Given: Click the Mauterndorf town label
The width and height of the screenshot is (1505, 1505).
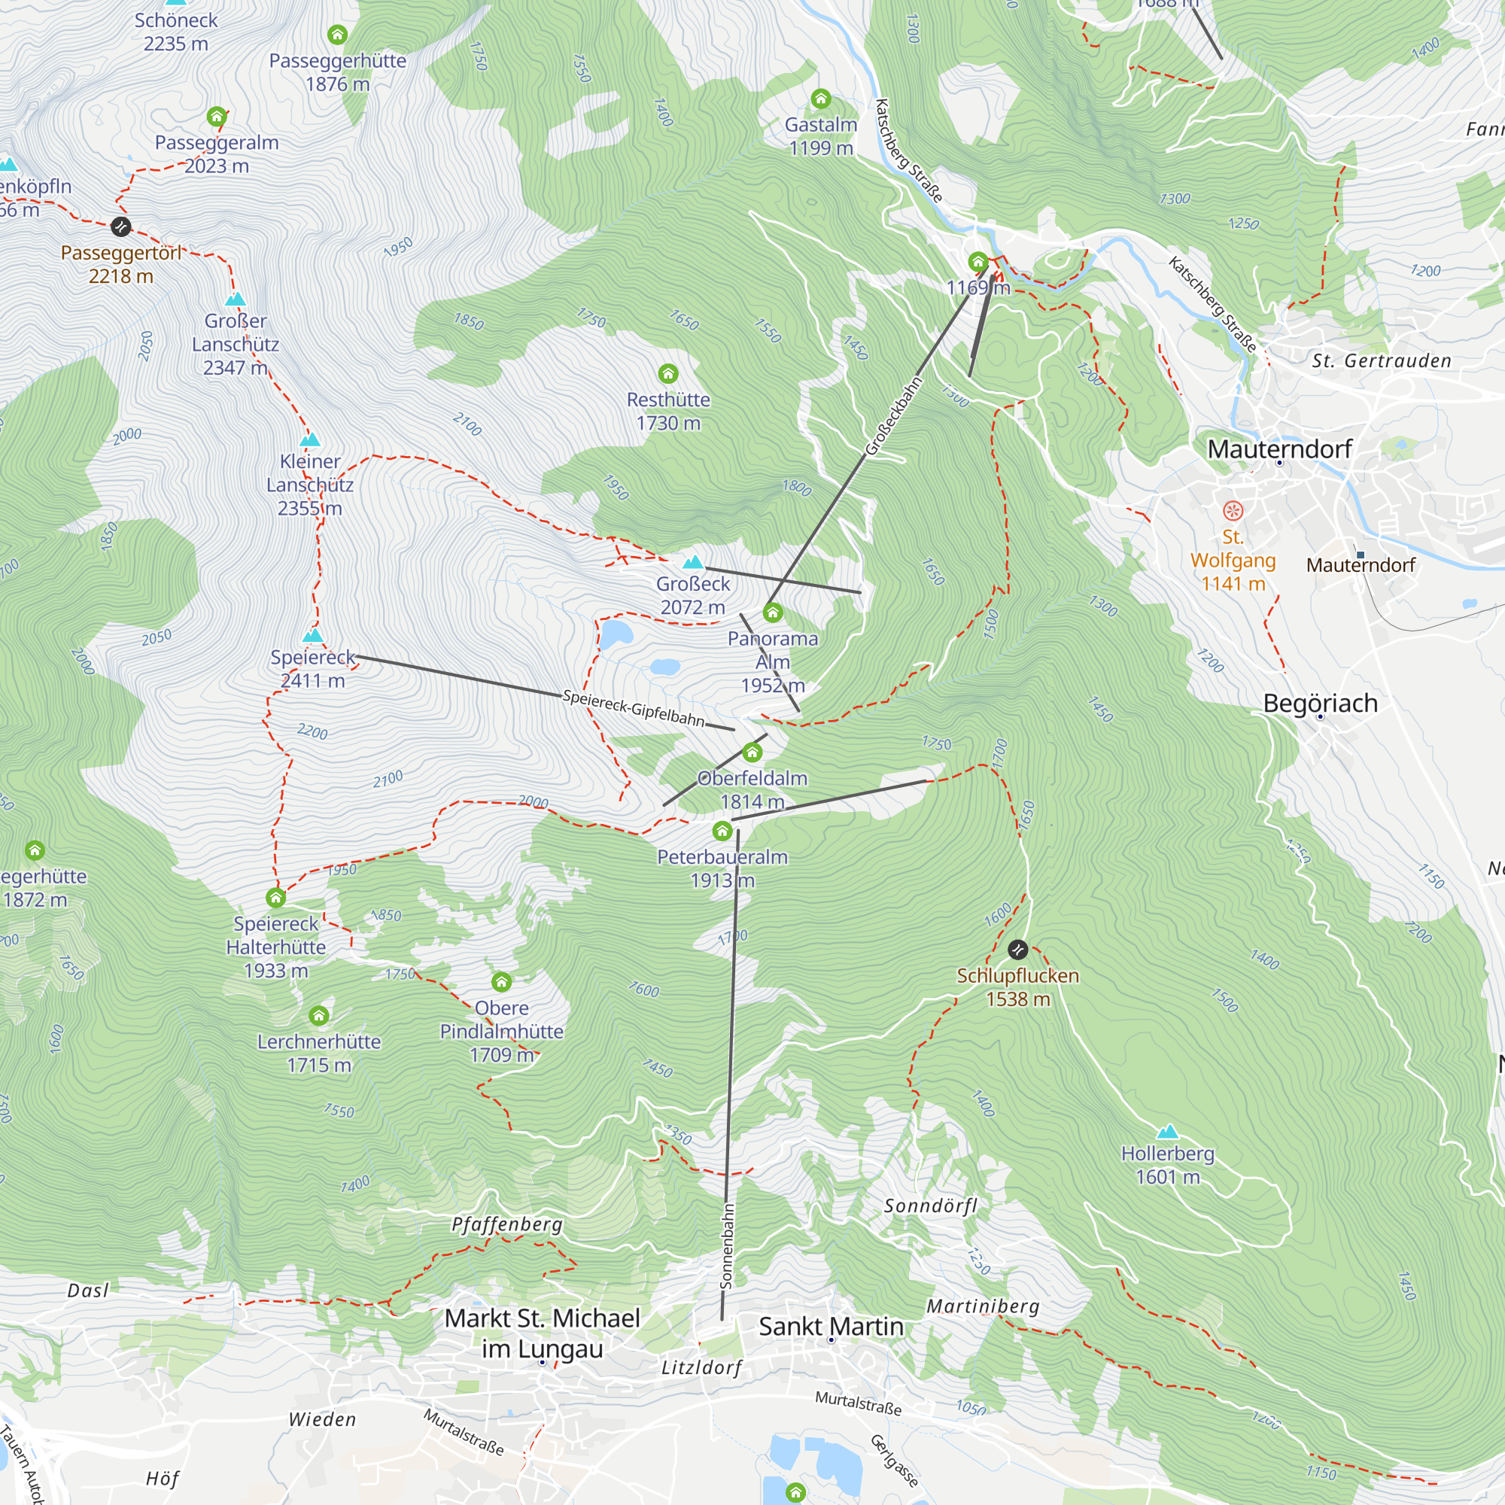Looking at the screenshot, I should [x=1279, y=448].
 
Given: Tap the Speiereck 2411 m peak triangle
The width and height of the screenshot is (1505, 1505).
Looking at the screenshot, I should [x=312, y=636].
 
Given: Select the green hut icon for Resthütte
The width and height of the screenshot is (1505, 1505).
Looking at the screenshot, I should [x=667, y=373].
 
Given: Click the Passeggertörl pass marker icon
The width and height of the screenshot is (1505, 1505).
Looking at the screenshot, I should [x=120, y=227].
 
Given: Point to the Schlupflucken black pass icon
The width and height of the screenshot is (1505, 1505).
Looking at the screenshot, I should [x=1017, y=950].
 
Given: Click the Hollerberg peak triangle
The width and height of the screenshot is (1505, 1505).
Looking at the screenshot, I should [x=1167, y=1132].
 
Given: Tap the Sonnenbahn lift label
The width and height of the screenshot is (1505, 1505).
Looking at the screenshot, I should [x=727, y=1245].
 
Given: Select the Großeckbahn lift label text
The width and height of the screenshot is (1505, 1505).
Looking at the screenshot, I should [x=893, y=416].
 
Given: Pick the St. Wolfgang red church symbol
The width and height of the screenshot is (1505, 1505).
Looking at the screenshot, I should [x=1233, y=511].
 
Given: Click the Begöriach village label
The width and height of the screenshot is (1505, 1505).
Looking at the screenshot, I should [x=1321, y=704].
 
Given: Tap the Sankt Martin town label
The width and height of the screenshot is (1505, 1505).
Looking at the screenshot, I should [x=831, y=1326].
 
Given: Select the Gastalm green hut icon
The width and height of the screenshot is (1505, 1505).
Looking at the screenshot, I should [x=820, y=99].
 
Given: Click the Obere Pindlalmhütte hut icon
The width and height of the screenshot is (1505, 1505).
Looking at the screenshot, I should [x=502, y=981].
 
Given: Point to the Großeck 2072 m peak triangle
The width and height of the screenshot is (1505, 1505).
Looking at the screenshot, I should [x=692, y=562].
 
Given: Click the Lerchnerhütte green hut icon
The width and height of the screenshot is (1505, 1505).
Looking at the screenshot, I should [x=318, y=1016].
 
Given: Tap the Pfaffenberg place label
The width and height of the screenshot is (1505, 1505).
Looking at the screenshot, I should [x=507, y=1224].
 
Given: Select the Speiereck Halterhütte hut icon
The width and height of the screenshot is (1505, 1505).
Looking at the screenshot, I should [x=275, y=898].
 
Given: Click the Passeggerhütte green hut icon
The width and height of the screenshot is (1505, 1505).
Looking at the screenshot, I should [x=337, y=35].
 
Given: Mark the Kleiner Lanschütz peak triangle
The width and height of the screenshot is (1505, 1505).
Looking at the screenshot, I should [x=310, y=440].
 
